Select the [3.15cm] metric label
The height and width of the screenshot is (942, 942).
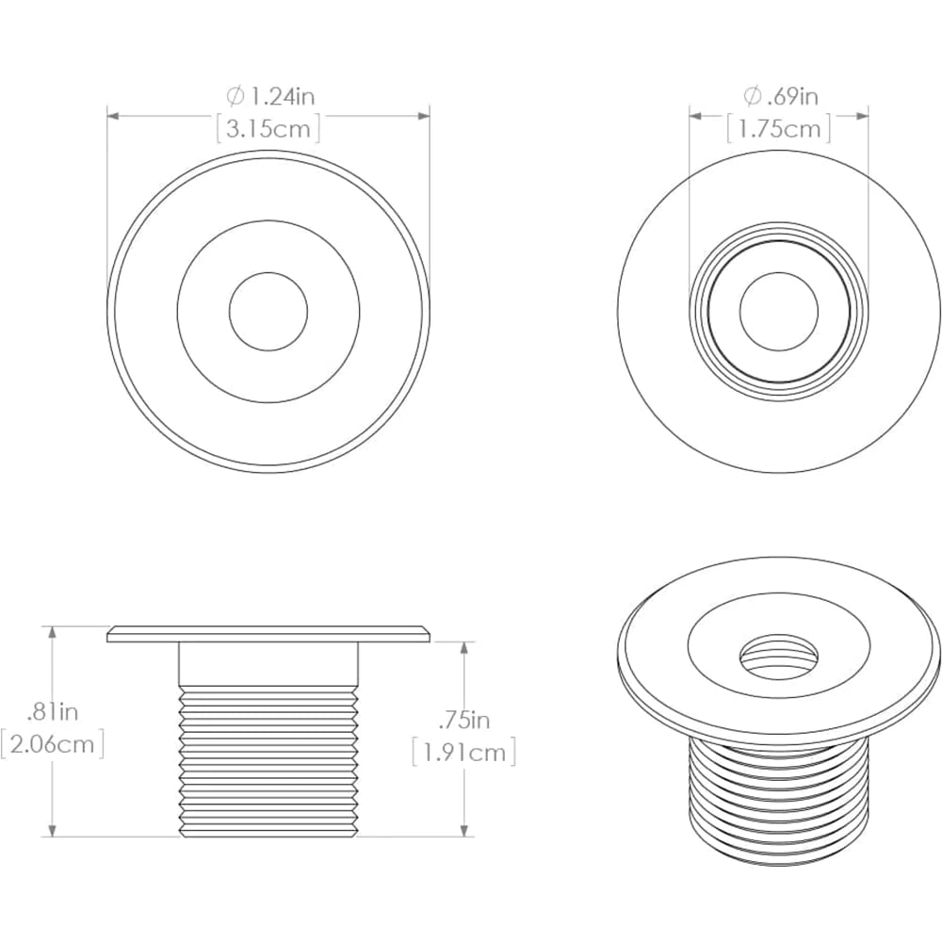tap(268, 127)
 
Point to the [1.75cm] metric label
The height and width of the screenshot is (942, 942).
tap(779, 127)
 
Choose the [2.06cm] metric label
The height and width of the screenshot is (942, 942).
tap(52, 745)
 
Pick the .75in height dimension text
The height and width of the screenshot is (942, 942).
tap(464, 721)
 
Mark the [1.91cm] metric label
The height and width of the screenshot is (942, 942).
tap(464, 753)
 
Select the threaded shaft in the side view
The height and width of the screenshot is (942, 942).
tap(268, 763)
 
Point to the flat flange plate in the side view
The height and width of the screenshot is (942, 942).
tap(268, 634)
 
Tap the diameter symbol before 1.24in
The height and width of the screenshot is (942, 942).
tap(235, 95)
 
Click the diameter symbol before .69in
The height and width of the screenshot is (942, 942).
tap(752, 95)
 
